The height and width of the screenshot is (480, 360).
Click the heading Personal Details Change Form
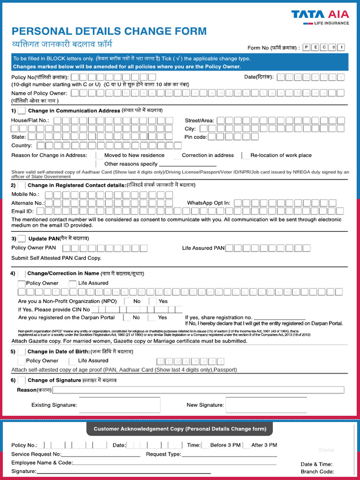tap(109, 31)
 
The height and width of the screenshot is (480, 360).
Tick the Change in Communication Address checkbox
tap(22, 111)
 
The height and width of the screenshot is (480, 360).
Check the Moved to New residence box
tap(99, 155)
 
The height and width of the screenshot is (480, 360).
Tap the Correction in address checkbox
tap(177, 155)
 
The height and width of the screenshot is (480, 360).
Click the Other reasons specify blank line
tap(187, 165)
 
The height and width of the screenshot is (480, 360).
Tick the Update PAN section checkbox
tap(22, 239)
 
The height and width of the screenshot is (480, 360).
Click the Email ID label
tap(22, 211)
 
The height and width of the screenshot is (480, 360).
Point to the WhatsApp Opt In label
tap(209, 203)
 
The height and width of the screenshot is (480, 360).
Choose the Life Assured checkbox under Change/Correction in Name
tap(73, 283)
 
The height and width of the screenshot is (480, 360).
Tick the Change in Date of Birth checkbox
tap(22, 352)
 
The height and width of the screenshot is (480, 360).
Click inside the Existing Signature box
tap(119, 405)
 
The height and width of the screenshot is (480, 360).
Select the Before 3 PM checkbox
tap(205, 445)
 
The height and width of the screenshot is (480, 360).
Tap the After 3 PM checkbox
tap(247, 445)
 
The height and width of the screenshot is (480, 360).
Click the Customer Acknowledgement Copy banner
tap(180, 429)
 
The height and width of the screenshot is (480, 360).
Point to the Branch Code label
tap(317, 472)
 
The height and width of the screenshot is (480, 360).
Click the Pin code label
tap(195, 137)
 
